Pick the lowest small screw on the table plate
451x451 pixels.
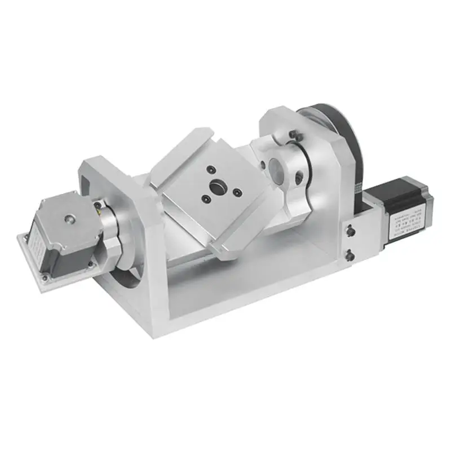tap(206, 198)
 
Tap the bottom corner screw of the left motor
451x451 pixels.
tap(43, 277)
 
